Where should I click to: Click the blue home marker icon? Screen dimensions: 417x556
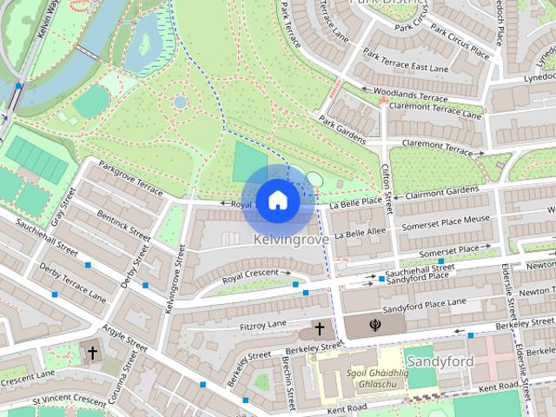(x=277, y=200)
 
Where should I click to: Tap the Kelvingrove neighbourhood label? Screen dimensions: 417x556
(x=291, y=238)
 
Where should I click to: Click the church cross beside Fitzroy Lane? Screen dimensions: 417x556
(x=320, y=329)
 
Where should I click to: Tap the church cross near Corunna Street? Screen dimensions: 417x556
(x=93, y=353)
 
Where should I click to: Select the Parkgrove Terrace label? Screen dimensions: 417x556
(x=130, y=177)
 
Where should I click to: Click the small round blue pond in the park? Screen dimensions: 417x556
(x=180, y=102)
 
